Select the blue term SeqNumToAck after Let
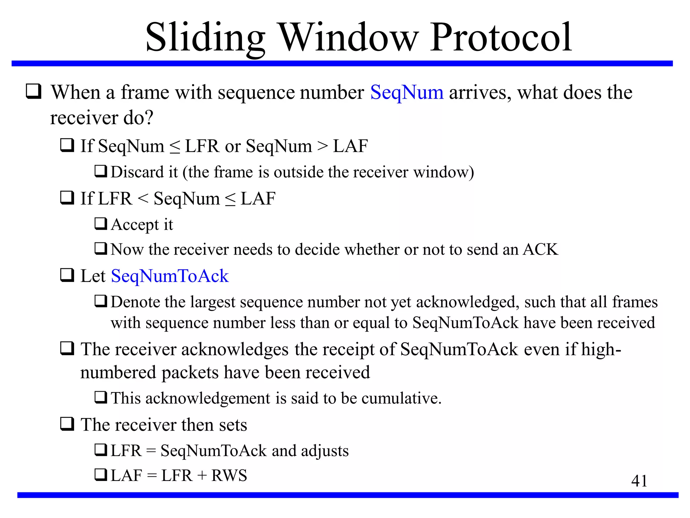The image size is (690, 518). pyautogui.click(x=170, y=276)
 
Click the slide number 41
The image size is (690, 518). pyautogui.click(x=639, y=481)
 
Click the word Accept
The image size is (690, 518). pyautogui.click(x=135, y=225)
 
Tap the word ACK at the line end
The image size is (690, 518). pyautogui.click(x=540, y=250)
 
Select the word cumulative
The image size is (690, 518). pyautogui.click(x=401, y=398)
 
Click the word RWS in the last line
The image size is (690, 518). pyautogui.click(x=229, y=476)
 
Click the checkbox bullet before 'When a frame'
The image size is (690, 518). pyautogui.click(x=34, y=91)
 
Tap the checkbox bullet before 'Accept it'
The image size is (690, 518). pyautogui.click(x=101, y=224)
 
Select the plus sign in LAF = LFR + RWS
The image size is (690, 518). pyautogui.click(x=202, y=476)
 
